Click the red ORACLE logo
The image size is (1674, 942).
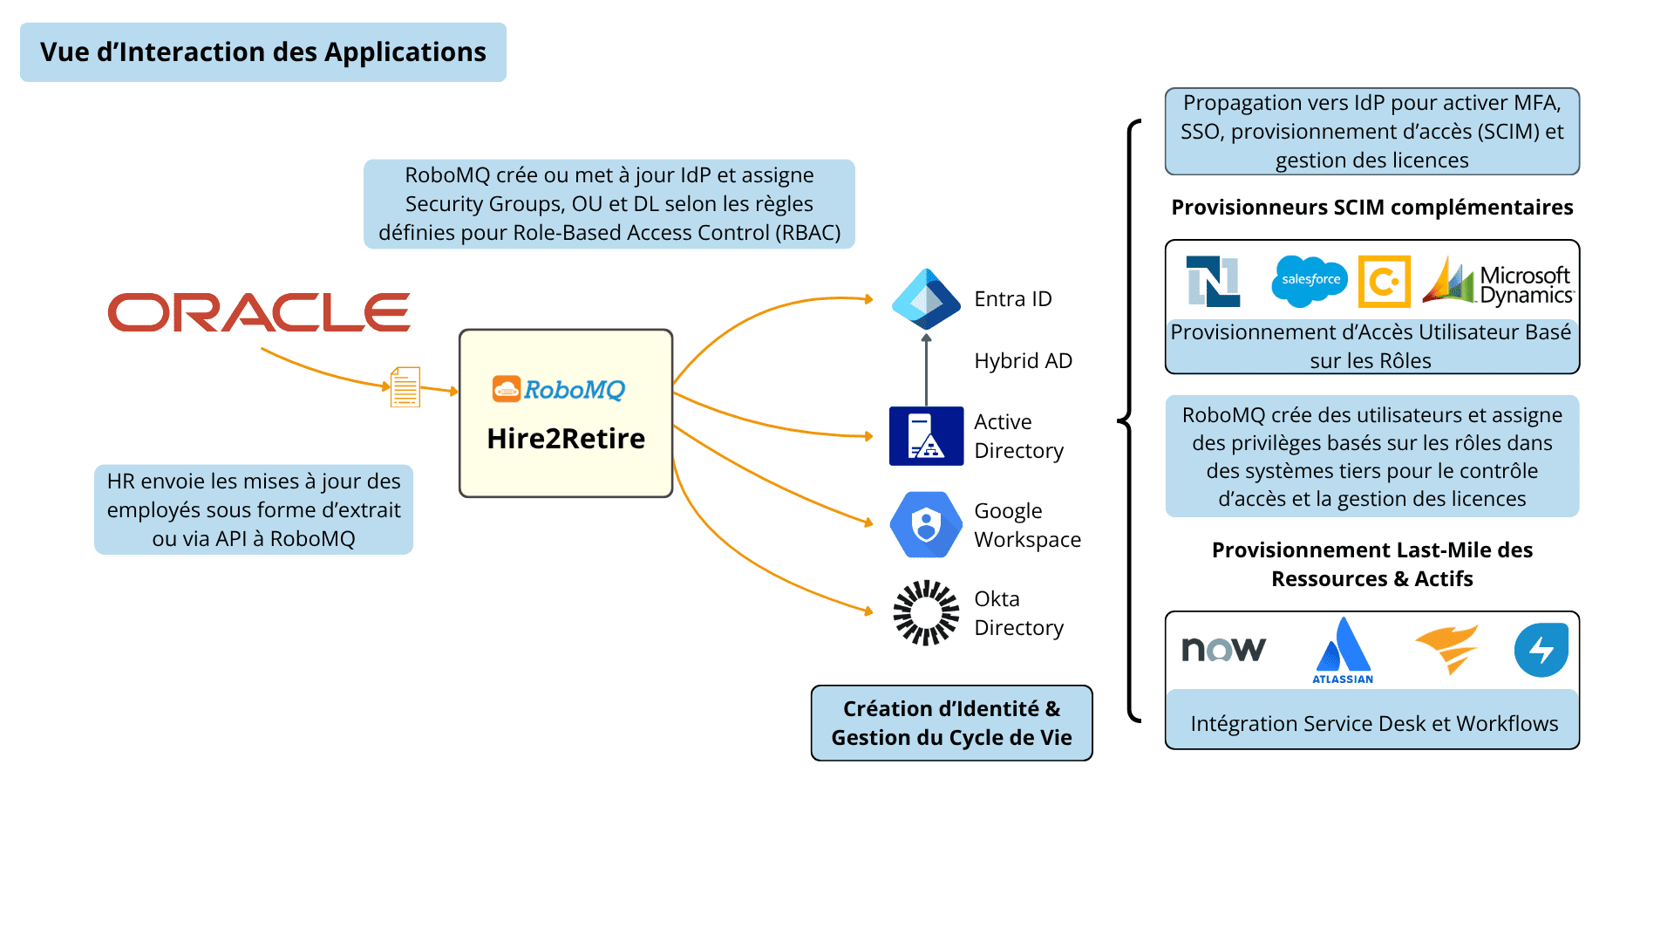point(259,312)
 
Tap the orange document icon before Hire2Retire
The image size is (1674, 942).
point(405,387)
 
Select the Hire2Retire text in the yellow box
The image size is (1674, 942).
point(566,439)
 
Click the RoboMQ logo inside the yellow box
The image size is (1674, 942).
point(559,389)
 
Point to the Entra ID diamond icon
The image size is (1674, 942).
point(926,298)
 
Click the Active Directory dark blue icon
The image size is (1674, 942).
point(926,436)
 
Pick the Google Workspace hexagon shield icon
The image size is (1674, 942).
point(926,525)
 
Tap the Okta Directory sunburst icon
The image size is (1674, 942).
point(926,613)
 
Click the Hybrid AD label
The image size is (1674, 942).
point(1023,361)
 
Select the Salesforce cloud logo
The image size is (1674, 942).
point(1310,280)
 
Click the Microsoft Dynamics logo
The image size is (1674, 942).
point(1497,282)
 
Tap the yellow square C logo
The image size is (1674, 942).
point(1384,282)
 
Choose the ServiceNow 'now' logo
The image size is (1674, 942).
point(1223,649)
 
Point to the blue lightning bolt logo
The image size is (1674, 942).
point(1541,650)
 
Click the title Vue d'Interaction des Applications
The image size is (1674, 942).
point(263,52)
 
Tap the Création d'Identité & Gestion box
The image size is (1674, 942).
point(951,723)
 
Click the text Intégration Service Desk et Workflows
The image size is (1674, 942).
point(1373,724)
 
